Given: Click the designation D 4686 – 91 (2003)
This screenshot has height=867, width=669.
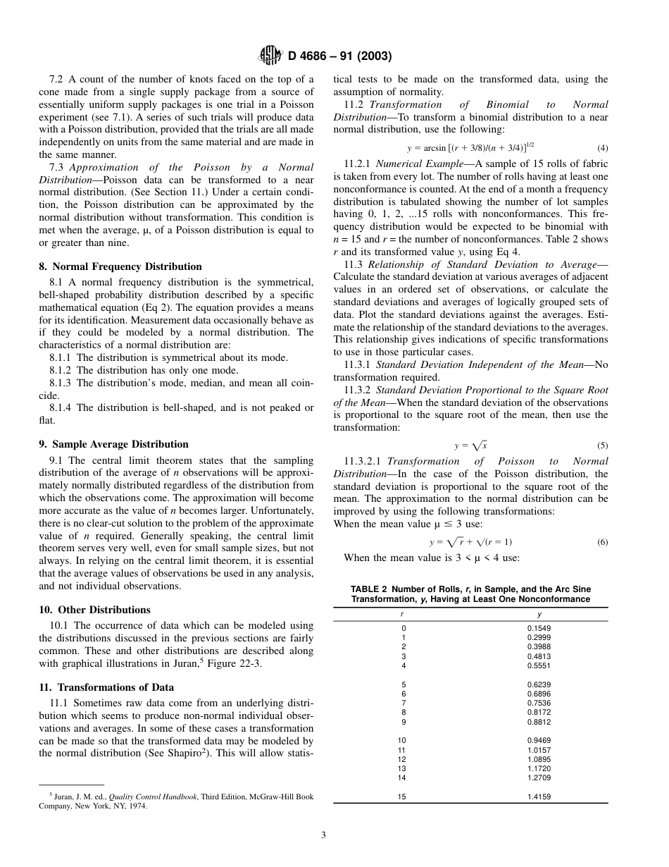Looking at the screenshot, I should click(340, 56).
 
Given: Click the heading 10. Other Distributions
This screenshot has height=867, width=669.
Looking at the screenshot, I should click(94, 610).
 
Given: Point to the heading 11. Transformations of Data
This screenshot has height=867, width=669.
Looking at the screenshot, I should click(106, 687).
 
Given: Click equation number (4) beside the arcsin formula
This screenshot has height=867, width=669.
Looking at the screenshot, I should click(602, 147).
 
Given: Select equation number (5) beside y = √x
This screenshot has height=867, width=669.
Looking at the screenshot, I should click(602, 445).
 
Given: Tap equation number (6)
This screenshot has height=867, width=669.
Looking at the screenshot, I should click(602, 542).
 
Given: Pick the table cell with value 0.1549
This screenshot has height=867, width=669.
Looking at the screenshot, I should click(539, 628).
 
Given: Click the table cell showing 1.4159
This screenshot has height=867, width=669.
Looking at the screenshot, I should click(539, 797).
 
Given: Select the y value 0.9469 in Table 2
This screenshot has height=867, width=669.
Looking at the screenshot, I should click(539, 740).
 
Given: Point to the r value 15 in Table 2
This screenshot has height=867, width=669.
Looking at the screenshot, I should click(402, 797).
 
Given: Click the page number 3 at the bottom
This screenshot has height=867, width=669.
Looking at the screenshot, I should click(323, 835).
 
